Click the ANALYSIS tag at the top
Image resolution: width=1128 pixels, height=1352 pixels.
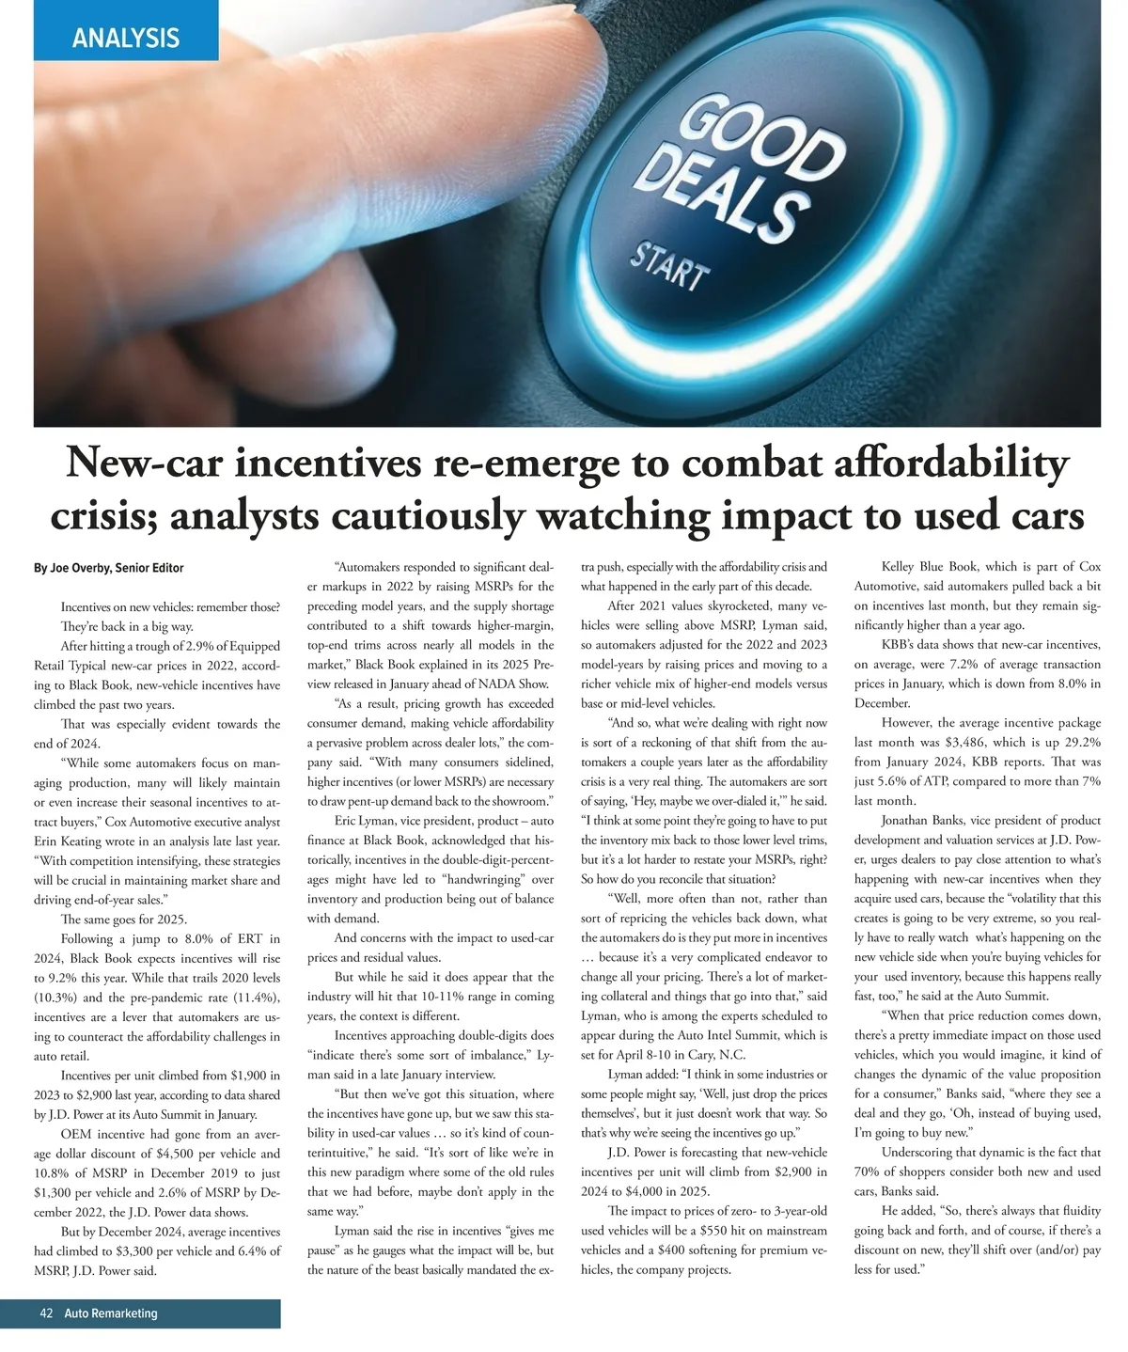coord(125,39)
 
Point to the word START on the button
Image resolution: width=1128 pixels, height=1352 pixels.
coord(669,267)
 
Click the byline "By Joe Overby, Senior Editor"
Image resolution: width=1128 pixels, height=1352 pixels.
coord(109,568)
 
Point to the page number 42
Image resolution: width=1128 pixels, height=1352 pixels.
coord(47,1313)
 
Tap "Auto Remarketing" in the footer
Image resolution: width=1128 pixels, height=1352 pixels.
coord(111,1313)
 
